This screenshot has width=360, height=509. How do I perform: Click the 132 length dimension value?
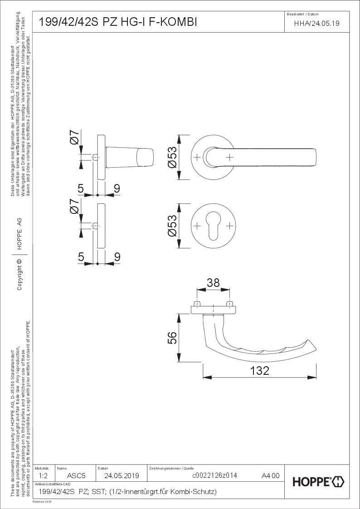[x=259, y=370]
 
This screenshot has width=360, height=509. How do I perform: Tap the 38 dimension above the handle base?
[x=213, y=283]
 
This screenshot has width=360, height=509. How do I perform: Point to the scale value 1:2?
[x=44, y=476]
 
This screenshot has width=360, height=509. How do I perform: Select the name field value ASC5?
[x=76, y=476]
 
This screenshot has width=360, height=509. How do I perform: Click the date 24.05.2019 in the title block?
[x=122, y=476]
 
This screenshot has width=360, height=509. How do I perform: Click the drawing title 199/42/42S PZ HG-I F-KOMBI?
[x=118, y=22]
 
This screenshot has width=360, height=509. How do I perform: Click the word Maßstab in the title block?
[x=42, y=467]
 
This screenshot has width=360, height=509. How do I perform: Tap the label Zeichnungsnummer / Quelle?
[x=171, y=467]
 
